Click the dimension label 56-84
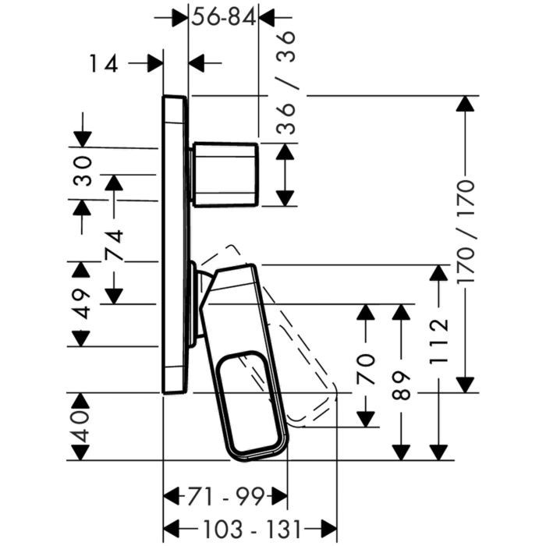pos(224,17)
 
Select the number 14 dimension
pos(104,63)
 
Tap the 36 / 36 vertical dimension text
pos(286,83)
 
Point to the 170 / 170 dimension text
pos(466,231)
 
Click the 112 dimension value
pos(438,341)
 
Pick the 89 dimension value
pos(401,385)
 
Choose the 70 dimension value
pos(366,369)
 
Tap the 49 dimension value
pos(82,303)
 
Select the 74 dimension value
pos(115,245)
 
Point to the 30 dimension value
pos(82,172)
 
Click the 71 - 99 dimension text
pos(226,497)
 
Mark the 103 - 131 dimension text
pos(252,530)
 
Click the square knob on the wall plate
pos(225,175)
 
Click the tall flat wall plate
pos(175,244)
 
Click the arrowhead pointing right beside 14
pos(155,63)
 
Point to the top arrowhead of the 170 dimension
pos(466,104)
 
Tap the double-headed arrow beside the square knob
pos(285,175)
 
